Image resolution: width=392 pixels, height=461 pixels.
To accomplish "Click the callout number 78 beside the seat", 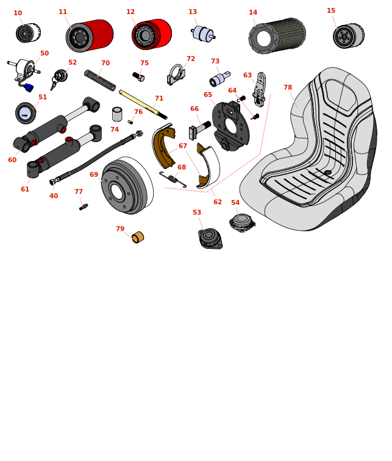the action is click(288, 87).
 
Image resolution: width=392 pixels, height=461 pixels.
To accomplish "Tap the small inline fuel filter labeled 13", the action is click(203, 33).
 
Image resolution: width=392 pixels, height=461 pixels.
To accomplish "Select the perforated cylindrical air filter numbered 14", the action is click(277, 35).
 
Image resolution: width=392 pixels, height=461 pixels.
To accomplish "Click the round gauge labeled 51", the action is click(26, 113).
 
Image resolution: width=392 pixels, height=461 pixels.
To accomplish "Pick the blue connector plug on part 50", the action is click(29, 88).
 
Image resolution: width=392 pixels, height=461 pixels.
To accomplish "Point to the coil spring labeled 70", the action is click(100, 80).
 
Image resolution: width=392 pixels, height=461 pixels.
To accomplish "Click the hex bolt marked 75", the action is click(138, 77).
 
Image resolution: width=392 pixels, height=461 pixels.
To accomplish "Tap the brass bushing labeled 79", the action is click(138, 238).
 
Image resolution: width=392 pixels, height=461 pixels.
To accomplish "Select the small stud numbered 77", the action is click(84, 207).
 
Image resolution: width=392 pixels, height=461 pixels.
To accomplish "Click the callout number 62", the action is click(218, 202).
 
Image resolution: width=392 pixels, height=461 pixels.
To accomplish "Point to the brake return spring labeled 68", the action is click(173, 179).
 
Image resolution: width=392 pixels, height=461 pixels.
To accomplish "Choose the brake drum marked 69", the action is click(127, 185).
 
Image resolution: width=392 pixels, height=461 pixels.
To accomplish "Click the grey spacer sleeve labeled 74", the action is click(117, 114).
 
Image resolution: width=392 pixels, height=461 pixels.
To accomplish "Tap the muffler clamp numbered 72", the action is click(176, 74).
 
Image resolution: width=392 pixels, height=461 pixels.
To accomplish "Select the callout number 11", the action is click(63, 12).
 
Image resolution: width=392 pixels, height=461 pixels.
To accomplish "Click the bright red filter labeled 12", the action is click(152, 34).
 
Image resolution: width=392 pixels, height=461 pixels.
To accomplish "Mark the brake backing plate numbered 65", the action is click(231, 126).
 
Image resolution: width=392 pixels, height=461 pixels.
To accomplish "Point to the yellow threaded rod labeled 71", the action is click(143, 105).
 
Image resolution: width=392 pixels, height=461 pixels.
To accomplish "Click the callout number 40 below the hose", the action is click(54, 196).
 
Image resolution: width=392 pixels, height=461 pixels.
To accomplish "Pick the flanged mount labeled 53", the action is click(210, 238).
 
